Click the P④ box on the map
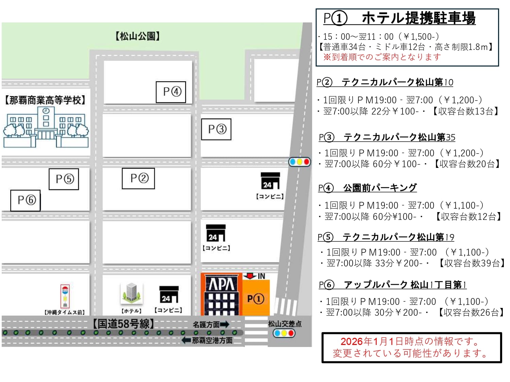[x=171, y=92]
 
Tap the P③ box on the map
[x=216, y=129]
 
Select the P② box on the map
[x=138, y=178]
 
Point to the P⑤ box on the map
[x=64, y=179]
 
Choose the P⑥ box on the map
[x=26, y=200]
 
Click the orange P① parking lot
[x=256, y=298]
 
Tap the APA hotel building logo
[x=221, y=284]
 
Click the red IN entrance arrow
[x=250, y=276]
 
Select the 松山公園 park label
[x=138, y=36]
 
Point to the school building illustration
[x=46, y=127]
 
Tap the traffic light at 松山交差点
[x=284, y=333]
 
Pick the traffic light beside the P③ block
[x=300, y=162]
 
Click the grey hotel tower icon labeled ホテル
[x=131, y=293]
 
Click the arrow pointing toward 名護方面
[x=224, y=325]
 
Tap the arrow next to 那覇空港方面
[x=186, y=340]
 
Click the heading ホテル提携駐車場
[x=418, y=18]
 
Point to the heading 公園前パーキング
[x=379, y=188]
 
